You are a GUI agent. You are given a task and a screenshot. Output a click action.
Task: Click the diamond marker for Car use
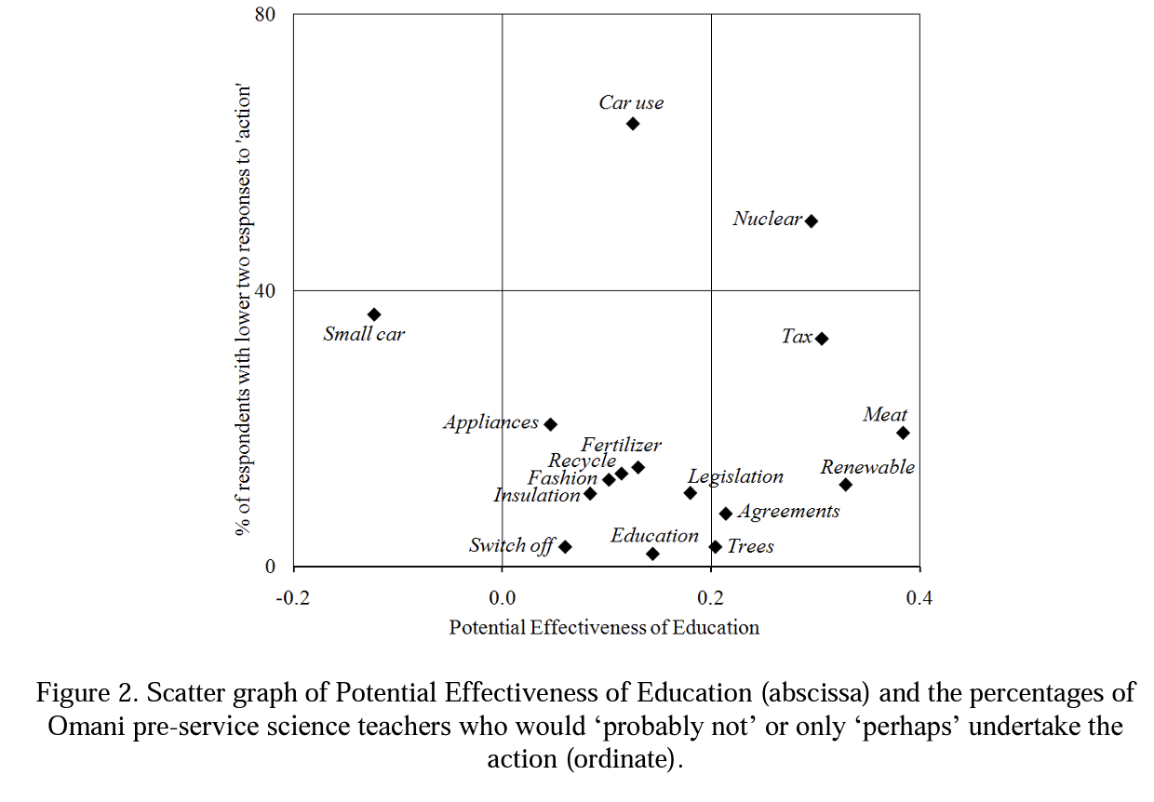(x=633, y=124)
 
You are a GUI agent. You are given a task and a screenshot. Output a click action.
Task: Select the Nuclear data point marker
(x=812, y=221)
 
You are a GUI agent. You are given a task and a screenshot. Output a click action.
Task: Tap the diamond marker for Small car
(x=374, y=314)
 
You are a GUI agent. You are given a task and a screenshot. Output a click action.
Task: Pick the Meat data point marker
(x=903, y=433)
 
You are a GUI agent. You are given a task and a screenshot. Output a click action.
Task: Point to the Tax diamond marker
(x=822, y=339)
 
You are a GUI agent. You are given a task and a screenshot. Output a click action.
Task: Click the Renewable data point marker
(x=846, y=485)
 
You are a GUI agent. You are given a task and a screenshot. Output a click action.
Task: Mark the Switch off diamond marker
(x=565, y=547)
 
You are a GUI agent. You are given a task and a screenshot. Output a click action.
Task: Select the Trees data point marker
(x=716, y=547)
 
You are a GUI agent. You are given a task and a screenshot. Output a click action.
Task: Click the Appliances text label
(x=490, y=422)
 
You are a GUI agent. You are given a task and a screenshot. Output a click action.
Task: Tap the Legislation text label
(x=736, y=476)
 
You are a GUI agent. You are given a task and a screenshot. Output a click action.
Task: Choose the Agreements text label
(x=788, y=511)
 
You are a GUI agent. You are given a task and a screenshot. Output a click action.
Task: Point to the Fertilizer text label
(x=622, y=446)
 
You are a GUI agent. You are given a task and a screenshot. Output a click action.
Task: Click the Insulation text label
(x=537, y=495)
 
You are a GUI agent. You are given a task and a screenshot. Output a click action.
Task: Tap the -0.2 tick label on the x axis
(x=293, y=596)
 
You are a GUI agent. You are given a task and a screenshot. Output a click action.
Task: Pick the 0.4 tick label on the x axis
(x=919, y=596)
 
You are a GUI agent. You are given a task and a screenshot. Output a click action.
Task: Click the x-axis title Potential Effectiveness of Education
(x=604, y=627)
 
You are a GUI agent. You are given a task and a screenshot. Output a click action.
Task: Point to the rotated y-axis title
(x=245, y=311)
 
